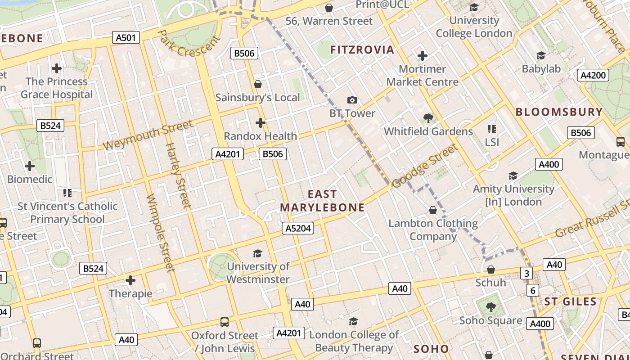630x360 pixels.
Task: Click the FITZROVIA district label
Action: [362, 49]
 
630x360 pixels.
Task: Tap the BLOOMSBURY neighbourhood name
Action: [559, 112]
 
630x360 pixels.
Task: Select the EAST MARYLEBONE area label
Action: [322, 201]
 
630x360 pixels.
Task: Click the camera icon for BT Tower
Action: [352, 100]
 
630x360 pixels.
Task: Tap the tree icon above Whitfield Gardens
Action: [428, 118]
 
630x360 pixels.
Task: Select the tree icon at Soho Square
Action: [490, 307]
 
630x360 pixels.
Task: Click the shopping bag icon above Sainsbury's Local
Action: [258, 84]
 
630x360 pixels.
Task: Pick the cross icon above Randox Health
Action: [260, 122]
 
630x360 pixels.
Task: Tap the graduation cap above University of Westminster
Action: [257, 253]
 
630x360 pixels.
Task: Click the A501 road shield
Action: [126, 38]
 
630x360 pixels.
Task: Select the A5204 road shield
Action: [298, 228]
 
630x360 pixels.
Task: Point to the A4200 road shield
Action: [593, 75]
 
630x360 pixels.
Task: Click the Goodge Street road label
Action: [424, 166]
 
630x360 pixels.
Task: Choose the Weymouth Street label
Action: [148, 135]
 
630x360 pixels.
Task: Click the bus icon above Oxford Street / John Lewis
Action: [225, 322]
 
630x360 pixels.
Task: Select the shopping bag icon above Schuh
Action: [491, 270]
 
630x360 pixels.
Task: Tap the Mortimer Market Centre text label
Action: [423, 76]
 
